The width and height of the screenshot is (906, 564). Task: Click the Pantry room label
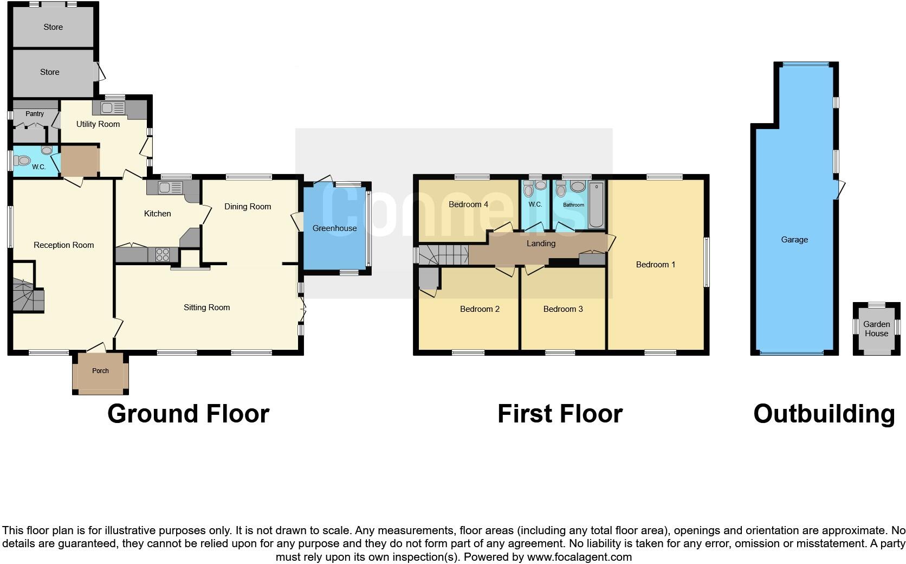[x=35, y=114]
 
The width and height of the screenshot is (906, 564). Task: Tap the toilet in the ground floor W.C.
[x=23, y=161]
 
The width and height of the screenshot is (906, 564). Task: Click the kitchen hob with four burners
[x=163, y=254]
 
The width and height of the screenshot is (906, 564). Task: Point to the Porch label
[x=100, y=371]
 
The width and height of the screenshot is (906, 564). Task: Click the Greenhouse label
[x=334, y=228]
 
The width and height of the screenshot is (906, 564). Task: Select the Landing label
[x=541, y=243]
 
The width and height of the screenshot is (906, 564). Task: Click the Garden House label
[x=876, y=329]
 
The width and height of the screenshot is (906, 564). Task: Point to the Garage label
[x=794, y=240]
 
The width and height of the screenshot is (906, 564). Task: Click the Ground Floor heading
[x=188, y=414]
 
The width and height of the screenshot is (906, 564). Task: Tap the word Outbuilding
[x=824, y=414]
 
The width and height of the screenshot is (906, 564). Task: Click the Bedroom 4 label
[x=468, y=204]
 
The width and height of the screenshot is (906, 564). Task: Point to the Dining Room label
[x=248, y=207]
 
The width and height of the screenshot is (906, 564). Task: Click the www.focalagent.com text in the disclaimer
[x=579, y=557]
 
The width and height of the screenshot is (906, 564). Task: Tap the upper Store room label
[x=53, y=27]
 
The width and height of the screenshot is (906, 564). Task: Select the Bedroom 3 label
[x=563, y=309]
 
